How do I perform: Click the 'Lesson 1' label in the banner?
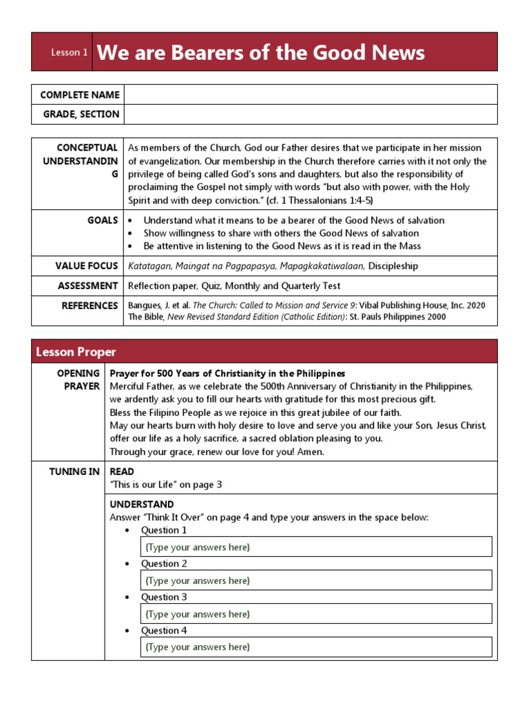point(70,52)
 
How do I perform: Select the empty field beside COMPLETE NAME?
point(310,94)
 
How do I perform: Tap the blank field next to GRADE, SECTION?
point(310,114)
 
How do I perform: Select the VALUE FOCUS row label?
point(87,266)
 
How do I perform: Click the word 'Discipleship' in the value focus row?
point(393,266)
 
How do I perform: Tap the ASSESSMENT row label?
point(87,286)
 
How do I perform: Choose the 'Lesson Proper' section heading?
point(76,352)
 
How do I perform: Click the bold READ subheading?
point(122,472)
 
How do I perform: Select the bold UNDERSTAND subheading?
point(142,505)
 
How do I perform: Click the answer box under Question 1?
point(316,547)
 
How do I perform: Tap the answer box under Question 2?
point(316,580)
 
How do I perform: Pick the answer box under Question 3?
point(316,613)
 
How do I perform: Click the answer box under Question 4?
point(316,646)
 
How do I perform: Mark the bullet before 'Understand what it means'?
point(131,221)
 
